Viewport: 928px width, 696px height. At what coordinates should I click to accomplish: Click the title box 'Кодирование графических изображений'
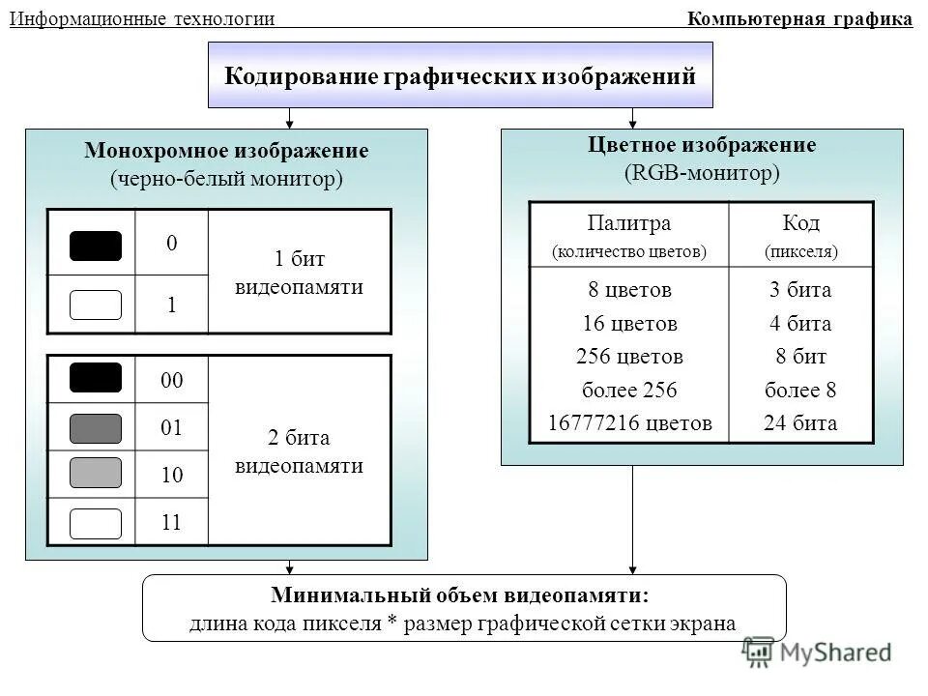point(460,75)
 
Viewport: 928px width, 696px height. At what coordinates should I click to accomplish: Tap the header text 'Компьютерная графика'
point(799,18)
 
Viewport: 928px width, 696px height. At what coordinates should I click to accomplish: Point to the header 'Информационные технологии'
point(142,18)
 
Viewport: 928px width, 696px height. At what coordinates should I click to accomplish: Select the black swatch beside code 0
point(96,246)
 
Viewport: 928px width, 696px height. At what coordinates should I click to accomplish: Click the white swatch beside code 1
point(96,304)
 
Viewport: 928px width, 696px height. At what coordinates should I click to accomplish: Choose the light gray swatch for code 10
point(96,473)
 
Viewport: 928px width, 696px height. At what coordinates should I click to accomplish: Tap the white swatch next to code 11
point(96,523)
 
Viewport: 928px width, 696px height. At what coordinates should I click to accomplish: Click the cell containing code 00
point(172,380)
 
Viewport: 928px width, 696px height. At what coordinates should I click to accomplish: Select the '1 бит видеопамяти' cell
point(300,273)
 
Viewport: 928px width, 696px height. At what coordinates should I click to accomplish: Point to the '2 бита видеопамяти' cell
point(300,451)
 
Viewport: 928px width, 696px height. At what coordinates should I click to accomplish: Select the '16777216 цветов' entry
point(629,422)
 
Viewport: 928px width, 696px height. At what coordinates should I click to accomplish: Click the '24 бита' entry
point(801,422)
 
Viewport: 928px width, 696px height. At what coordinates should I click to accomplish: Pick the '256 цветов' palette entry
point(629,357)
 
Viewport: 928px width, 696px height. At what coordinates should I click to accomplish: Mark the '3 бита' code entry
point(801,290)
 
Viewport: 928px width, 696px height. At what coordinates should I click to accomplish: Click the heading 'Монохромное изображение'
point(226,152)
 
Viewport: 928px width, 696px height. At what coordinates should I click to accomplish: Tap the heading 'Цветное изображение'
point(702,146)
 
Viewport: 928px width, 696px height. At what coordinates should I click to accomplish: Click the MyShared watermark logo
point(817,652)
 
